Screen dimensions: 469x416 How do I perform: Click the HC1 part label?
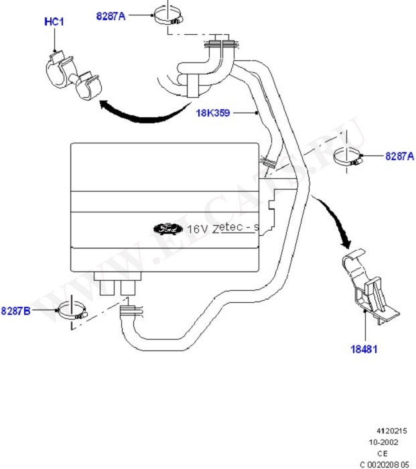point(53,22)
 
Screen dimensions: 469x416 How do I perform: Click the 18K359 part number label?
point(212,113)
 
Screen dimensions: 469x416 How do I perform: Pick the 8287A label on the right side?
point(399,156)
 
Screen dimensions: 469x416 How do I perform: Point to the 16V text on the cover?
point(197,228)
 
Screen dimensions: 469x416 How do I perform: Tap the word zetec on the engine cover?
point(227,228)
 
